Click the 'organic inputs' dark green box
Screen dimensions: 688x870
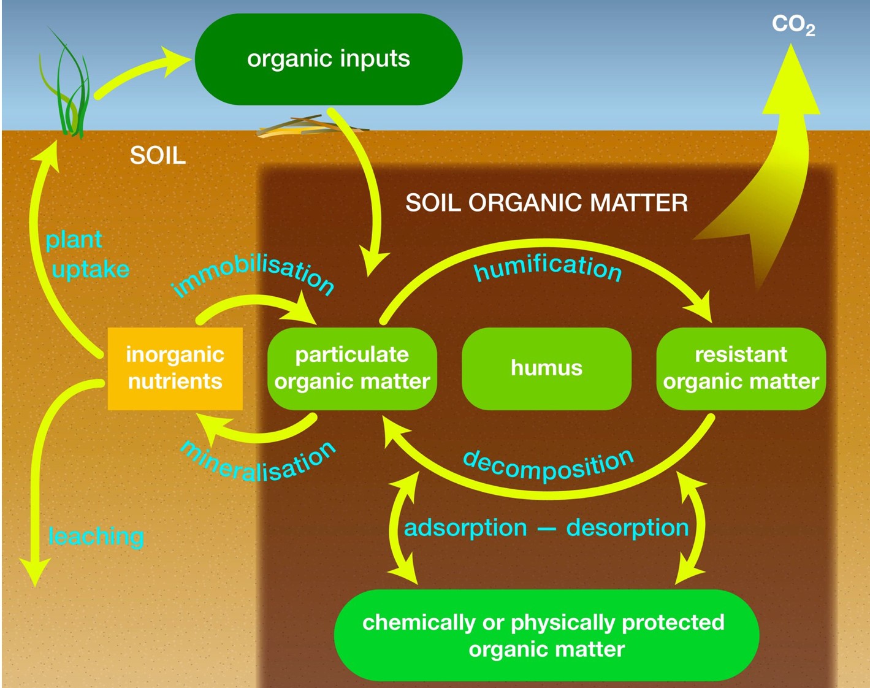coord(328,59)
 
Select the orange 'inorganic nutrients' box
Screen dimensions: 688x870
coord(175,368)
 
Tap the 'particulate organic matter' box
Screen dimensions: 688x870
coord(352,368)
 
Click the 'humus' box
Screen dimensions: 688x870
coord(546,368)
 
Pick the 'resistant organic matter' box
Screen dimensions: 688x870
coord(741,368)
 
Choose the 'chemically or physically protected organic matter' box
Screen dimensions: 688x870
coord(546,635)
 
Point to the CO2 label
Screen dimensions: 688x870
coord(793,25)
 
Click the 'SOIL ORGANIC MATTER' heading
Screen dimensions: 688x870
coord(546,203)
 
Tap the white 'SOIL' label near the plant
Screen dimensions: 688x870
coord(158,156)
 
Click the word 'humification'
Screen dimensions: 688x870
coord(548,267)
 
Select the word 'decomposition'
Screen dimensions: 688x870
coord(548,466)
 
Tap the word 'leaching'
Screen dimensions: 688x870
coord(96,537)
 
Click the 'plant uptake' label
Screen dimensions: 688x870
coord(86,254)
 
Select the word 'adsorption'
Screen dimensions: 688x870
coord(465,528)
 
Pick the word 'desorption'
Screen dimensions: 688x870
coord(627,528)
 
